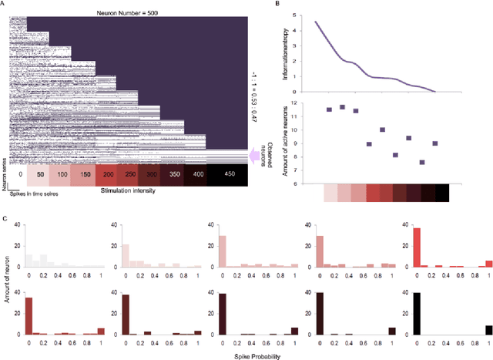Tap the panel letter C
pos(5,220)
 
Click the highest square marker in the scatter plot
pos(342,107)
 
